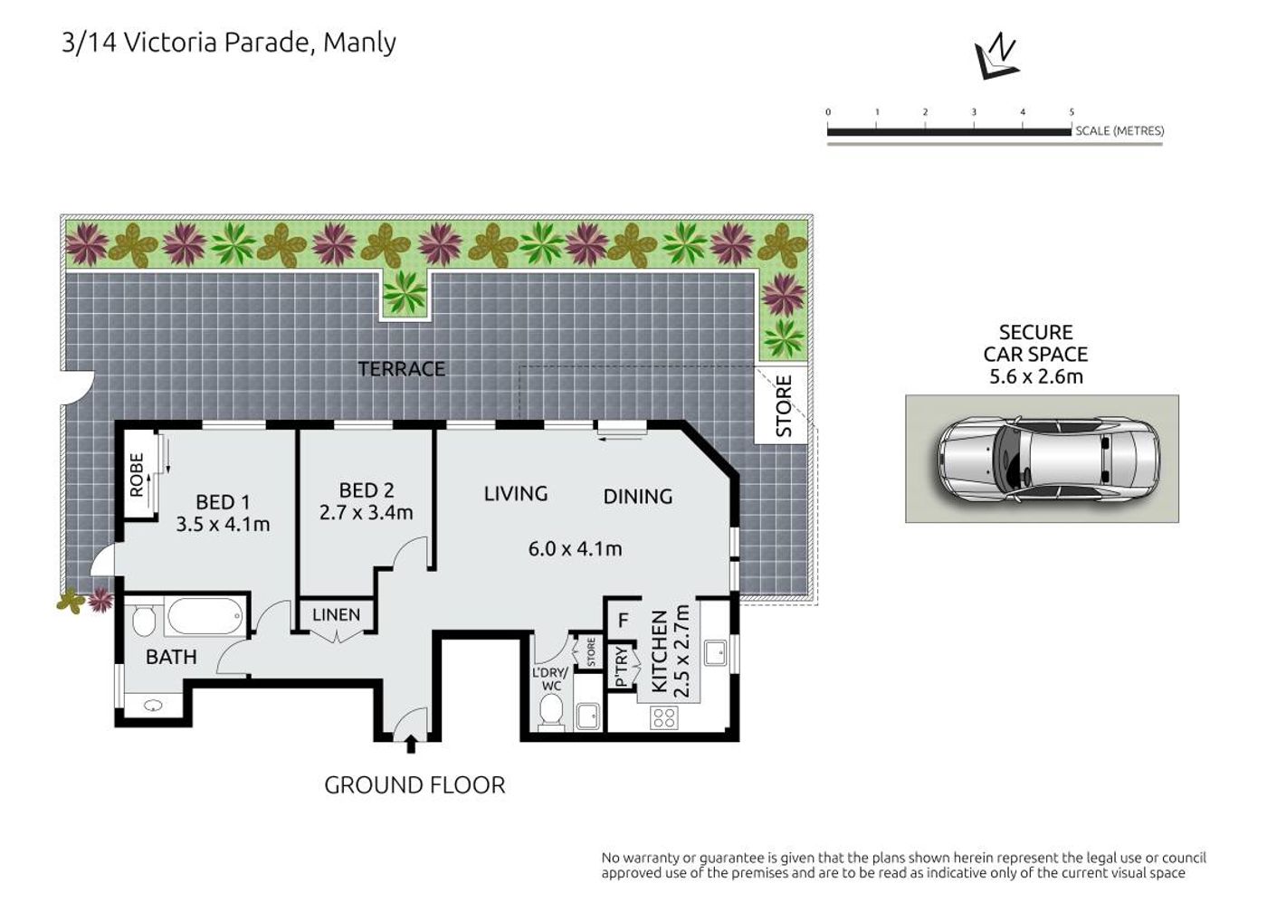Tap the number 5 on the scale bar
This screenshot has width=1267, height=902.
(x=1072, y=112)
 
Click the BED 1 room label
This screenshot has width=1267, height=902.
(x=223, y=501)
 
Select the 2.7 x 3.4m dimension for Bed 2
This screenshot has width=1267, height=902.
(x=366, y=512)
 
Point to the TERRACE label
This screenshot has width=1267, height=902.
(x=402, y=369)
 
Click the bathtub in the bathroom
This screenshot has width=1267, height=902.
(x=205, y=615)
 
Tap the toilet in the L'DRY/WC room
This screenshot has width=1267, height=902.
(x=550, y=710)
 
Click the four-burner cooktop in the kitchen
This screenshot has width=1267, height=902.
(x=664, y=717)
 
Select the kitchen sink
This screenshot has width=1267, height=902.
(x=716, y=653)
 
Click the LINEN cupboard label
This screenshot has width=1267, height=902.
(x=336, y=614)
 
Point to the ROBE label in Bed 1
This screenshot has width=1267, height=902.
(x=137, y=476)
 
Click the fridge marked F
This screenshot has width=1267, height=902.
(x=623, y=621)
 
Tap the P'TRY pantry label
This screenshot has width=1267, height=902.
(x=621, y=667)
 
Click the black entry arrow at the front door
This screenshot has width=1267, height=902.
(x=411, y=744)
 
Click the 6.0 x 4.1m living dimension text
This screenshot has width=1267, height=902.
(x=575, y=548)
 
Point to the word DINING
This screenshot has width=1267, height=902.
(x=638, y=497)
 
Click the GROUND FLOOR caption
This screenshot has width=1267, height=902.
(x=414, y=785)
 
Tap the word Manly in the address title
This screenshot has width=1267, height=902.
(x=359, y=43)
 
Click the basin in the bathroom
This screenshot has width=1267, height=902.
(x=153, y=705)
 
